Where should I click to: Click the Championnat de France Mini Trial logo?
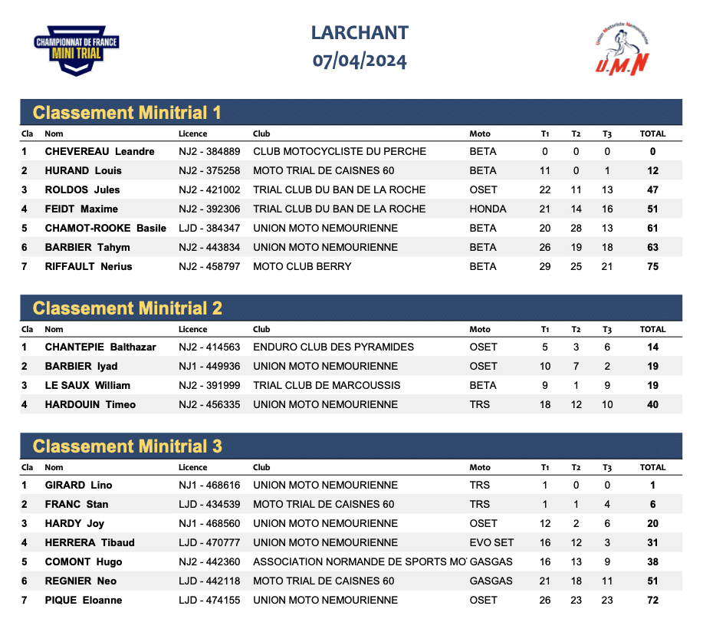click(x=77, y=51)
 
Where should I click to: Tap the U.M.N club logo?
click(x=623, y=50)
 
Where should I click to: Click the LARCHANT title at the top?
click(x=360, y=33)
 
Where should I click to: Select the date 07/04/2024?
click(x=360, y=61)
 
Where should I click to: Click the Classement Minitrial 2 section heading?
click(x=127, y=308)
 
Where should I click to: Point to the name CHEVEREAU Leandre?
click(x=100, y=152)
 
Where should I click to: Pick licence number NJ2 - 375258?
click(x=209, y=171)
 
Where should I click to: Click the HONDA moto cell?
click(x=488, y=209)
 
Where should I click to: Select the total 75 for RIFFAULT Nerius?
click(x=652, y=267)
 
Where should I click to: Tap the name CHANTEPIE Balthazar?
click(x=100, y=347)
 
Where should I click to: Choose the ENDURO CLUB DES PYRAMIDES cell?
click(x=333, y=347)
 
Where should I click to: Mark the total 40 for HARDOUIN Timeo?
click(x=652, y=405)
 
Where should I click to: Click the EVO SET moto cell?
click(x=491, y=543)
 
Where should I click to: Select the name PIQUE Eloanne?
click(x=84, y=601)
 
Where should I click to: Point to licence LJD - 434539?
click(x=209, y=505)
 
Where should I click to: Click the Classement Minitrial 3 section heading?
click(x=127, y=446)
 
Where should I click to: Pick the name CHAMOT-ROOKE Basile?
click(x=106, y=229)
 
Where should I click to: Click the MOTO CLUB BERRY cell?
click(x=302, y=267)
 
